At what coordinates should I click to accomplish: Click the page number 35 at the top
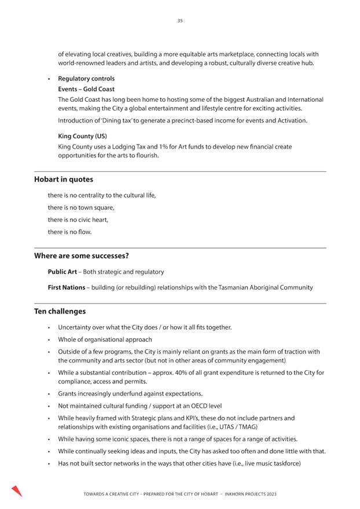tap(180, 21)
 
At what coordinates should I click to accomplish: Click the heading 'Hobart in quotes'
tap(63, 179)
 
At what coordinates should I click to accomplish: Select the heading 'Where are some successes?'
tap(81, 256)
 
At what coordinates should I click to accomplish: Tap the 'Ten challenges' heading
tap(60, 311)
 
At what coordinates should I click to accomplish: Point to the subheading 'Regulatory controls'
tap(86, 79)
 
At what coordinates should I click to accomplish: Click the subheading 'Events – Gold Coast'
tap(86, 89)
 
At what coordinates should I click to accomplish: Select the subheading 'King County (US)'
tap(82, 137)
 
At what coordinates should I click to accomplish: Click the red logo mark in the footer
tap(17, 491)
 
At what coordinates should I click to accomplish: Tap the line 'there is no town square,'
tap(81, 208)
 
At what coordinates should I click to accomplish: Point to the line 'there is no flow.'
tap(69, 232)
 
